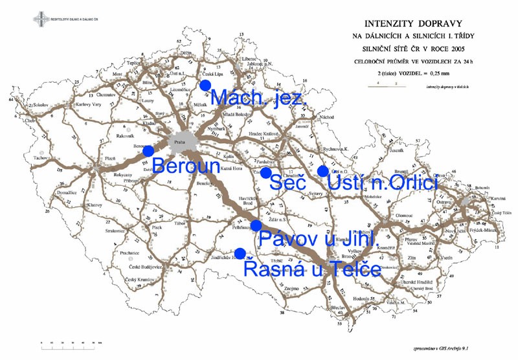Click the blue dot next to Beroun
pos(148,151)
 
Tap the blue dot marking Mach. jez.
pos(206,85)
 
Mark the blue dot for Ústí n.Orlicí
pos(322,171)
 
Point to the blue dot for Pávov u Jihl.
pos(256,225)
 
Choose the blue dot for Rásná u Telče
pos(240,253)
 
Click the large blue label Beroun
pos(187,164)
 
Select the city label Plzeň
pos(110,158)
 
